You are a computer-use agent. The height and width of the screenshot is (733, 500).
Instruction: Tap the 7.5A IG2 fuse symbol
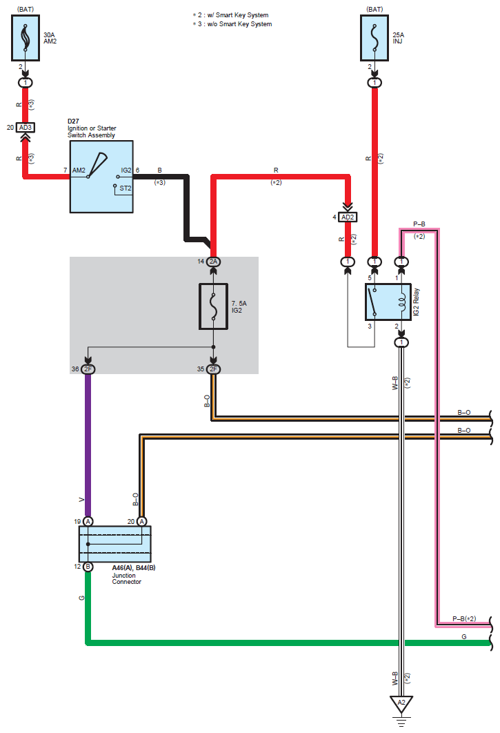click(214, 304)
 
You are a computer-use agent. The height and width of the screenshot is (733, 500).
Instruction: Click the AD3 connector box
click(26, 128)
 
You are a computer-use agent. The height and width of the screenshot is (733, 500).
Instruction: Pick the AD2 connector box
click(347, 217)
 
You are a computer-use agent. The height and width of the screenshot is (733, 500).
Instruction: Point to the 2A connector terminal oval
click(214, 262)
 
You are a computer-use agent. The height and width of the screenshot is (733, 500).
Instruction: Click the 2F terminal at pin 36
click(88, 369)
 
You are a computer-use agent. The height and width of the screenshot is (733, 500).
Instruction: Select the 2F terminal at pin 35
click(214, 369)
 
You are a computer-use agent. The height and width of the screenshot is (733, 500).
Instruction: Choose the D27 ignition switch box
click(101, 177)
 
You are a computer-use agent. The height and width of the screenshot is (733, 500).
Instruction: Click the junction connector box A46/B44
click(115, 544)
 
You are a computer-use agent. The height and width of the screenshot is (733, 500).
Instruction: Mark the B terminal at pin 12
click(88, 567)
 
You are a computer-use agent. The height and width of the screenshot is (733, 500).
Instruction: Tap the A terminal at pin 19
click(88, 521)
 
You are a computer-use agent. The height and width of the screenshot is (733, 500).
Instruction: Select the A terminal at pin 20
click(141, 521)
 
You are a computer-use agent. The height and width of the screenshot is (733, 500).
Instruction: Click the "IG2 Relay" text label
click(417, 302)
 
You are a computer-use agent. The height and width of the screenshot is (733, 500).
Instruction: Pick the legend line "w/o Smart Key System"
click(234, 24)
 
